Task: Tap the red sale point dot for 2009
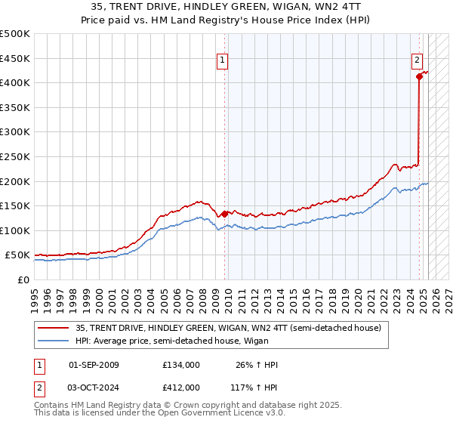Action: click(225, 214)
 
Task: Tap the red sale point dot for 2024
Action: click(419, 76)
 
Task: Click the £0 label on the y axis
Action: click(23, 279)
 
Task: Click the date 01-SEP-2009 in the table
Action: click(94, 365)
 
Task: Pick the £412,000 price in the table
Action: click(181, 387)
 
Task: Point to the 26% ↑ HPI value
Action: click(257, 365)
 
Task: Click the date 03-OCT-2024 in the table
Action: click(94, 387)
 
